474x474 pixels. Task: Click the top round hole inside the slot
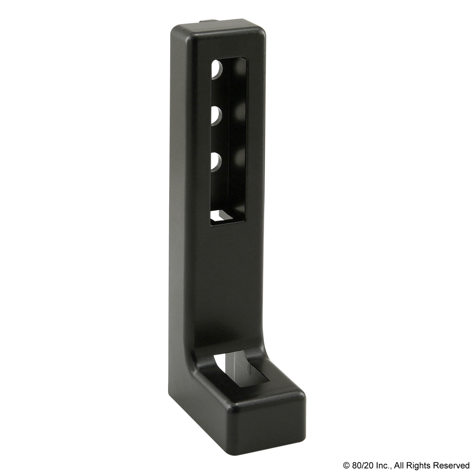pyautogui.click(x=216, y=69)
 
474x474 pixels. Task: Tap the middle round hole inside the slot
pyautogui.click(x=216, y=116)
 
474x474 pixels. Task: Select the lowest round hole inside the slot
pyautogui.click(x=216, y=162)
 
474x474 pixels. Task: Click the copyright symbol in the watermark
pyautogui.click(x=346, y=465)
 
